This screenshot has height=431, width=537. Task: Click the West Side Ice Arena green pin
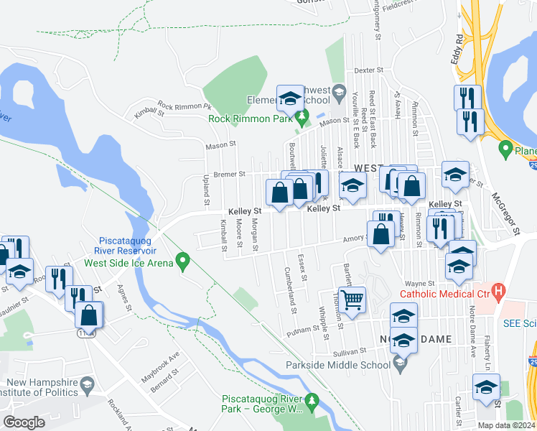[x=183, y=262]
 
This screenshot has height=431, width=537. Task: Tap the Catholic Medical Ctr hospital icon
[x=501, y=292]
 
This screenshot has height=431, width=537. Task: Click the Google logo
[x=24, y=422]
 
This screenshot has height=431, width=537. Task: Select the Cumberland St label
[x=292, y=290]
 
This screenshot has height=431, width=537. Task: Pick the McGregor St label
[x=506, y=213]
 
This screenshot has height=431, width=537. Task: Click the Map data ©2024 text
[x=507, y=425]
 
